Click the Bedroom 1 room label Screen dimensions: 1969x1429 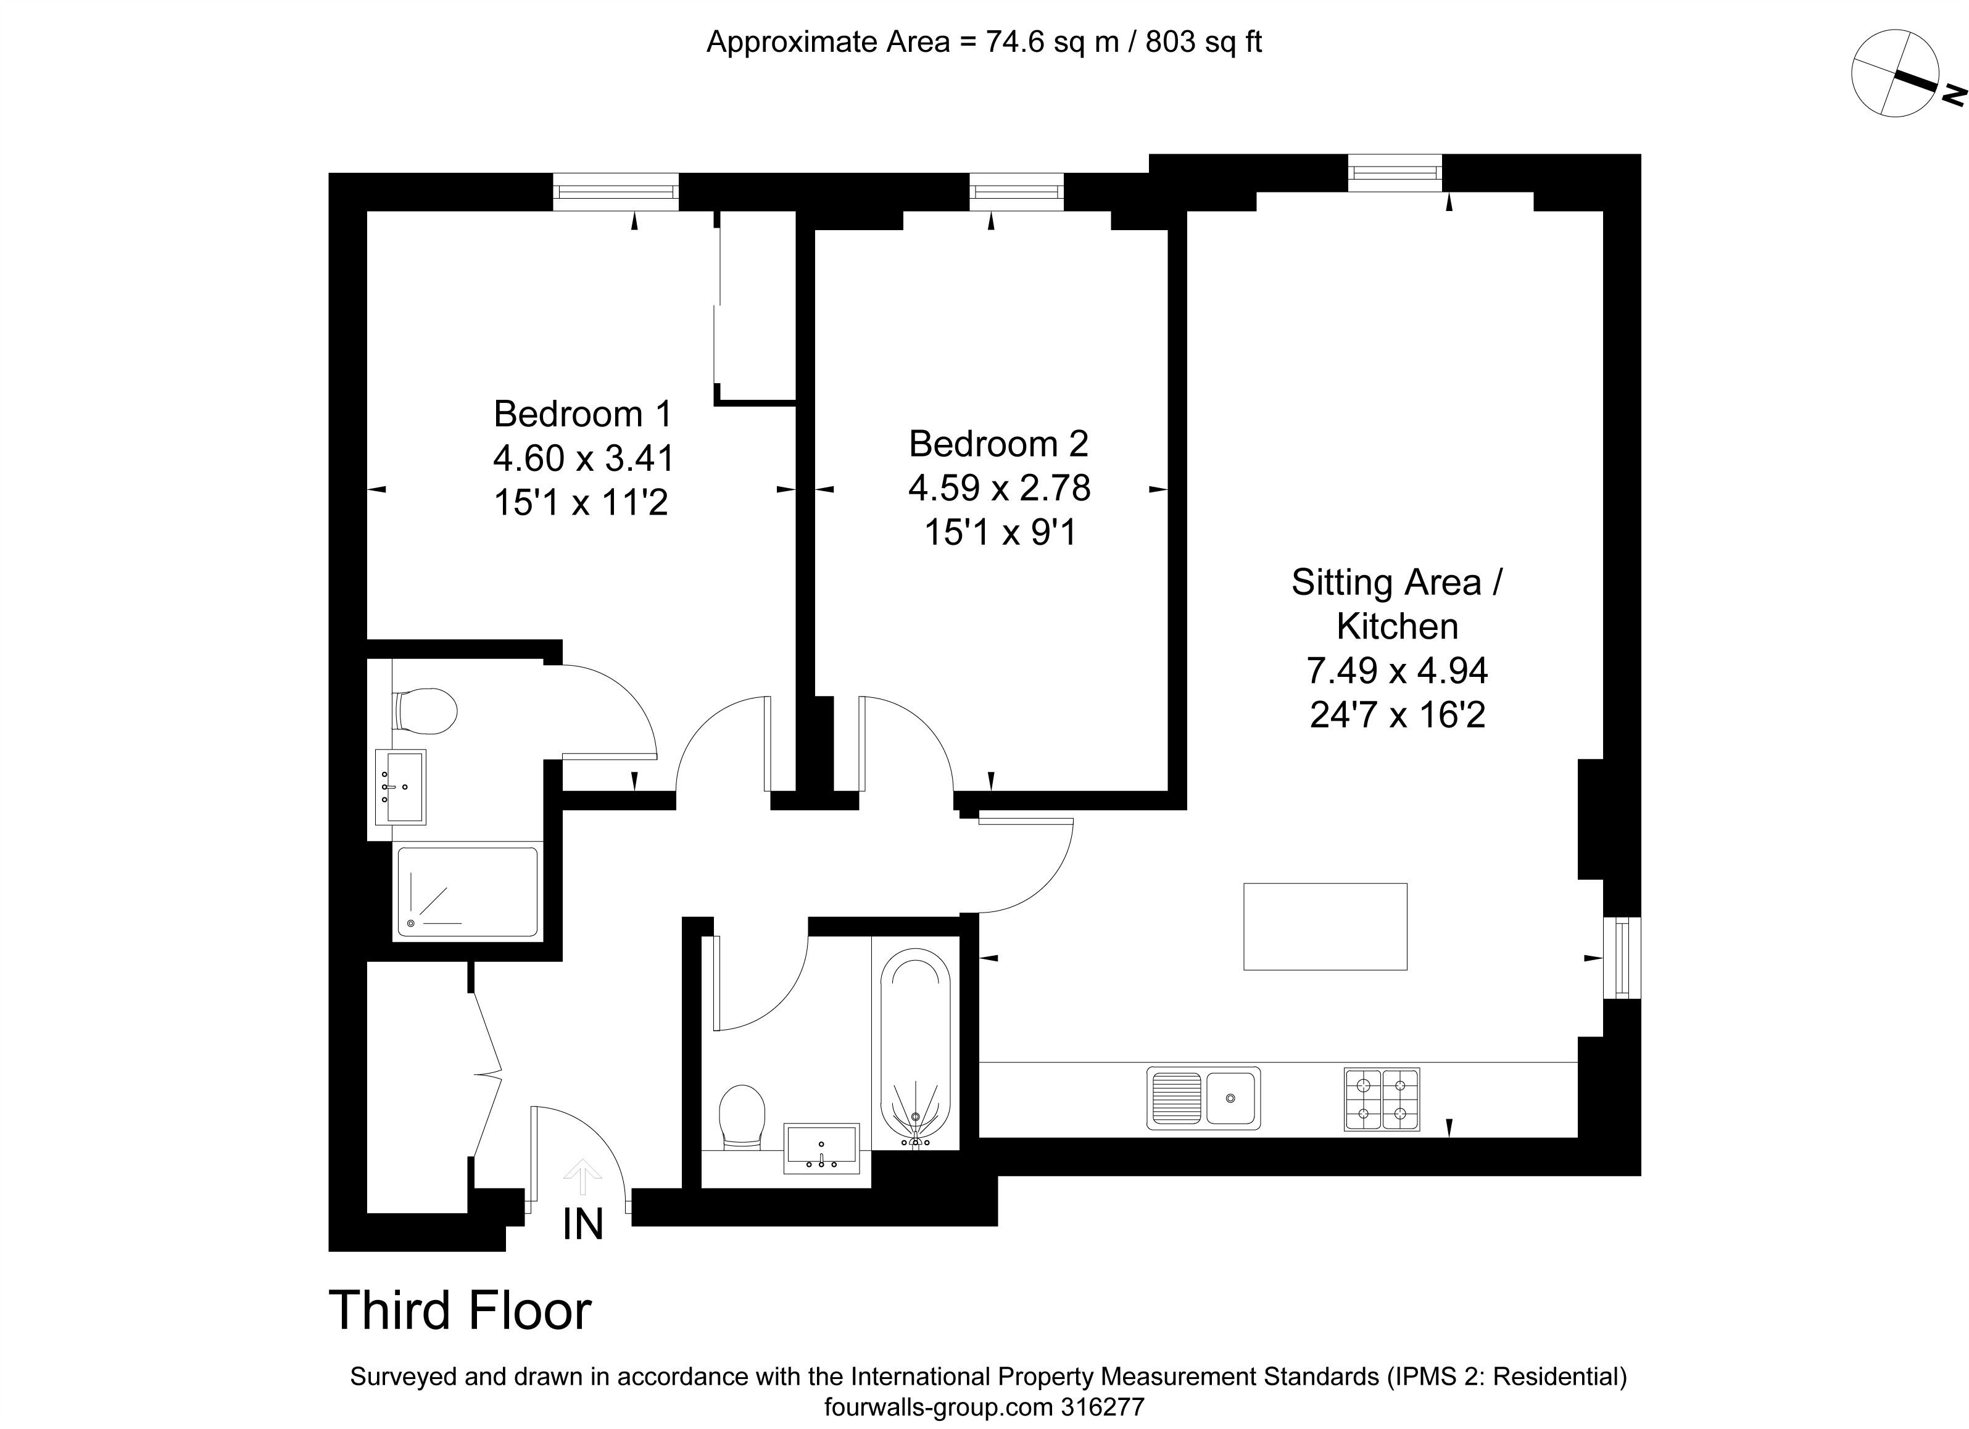582,414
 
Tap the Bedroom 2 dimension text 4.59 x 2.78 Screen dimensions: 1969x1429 999,488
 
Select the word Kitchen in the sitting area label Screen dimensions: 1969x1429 1397,626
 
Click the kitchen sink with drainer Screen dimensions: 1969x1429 1203,1098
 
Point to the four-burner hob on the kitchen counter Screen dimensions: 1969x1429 1382,1099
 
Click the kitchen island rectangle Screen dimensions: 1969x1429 1325,926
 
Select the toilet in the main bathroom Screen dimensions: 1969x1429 742,1116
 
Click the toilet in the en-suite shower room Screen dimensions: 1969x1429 425,712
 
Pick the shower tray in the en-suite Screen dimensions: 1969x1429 467,892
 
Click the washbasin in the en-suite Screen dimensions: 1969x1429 400,787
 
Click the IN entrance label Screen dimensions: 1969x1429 582,1225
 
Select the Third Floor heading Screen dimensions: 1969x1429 460,1310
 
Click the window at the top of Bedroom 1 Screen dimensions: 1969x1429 616,192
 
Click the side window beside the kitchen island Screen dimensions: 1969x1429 1622,958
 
